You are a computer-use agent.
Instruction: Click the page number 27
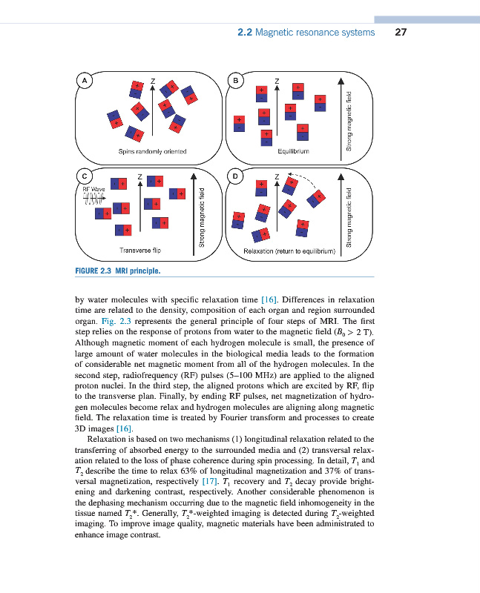click(402, 33)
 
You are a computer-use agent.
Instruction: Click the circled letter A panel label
click(86, 79)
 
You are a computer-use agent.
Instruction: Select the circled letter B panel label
click(236, 79)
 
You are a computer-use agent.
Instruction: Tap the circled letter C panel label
click(86, 176)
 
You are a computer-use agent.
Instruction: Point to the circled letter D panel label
click(236, 176)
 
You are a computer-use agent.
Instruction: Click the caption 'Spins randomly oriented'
click(152, 151)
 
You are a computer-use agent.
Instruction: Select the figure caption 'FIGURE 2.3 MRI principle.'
click(118, 271)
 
